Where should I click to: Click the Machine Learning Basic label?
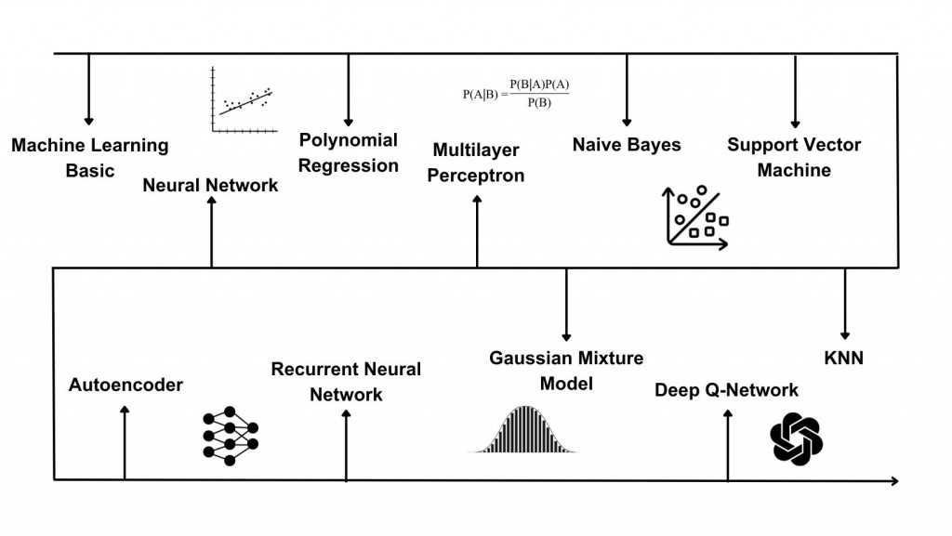90,158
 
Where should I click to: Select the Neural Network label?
210,185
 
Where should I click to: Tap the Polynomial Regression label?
349,152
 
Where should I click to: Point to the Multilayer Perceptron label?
476,163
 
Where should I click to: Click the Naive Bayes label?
627,145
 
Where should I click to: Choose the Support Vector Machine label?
794,157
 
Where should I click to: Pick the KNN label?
844,358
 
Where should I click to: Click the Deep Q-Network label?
727,389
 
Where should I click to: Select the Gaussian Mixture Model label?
566,370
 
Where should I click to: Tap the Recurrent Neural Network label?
346,382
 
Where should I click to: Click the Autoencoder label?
126,385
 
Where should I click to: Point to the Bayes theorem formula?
516,93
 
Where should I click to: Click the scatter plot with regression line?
244,101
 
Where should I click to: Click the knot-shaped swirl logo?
797,438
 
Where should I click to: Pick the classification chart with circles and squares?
696,217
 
